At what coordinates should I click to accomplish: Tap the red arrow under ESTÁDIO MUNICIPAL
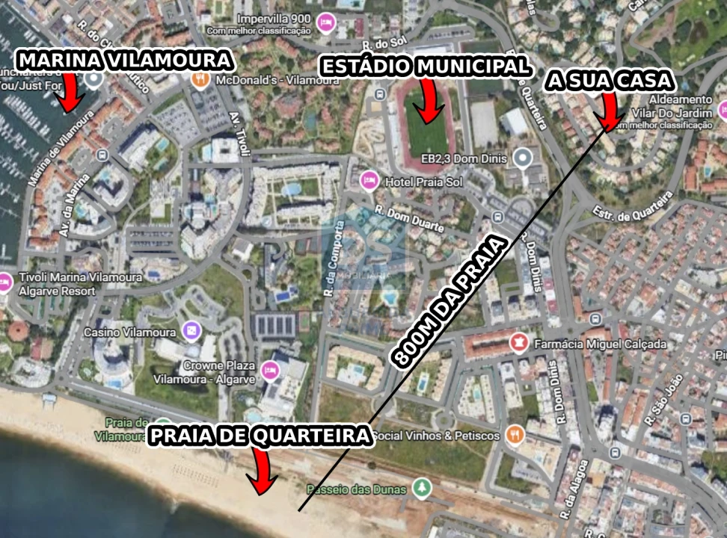coord(429,99)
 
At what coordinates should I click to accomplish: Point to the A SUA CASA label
coord(610,81)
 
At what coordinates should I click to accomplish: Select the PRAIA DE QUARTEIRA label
coord(260,436)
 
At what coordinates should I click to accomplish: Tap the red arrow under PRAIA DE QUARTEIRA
coord(262,472)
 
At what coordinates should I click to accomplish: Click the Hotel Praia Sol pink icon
coord(368,181)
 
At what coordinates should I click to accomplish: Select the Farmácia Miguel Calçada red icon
coord(517,344)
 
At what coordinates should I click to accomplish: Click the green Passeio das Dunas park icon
coord(422,489)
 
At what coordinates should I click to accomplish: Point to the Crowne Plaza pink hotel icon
coord(270,369)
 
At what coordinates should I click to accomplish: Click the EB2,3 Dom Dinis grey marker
coord(524,158)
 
